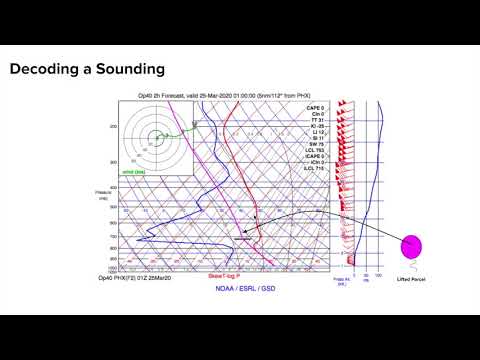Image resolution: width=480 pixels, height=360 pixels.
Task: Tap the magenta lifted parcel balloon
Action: click(x=412, y=246)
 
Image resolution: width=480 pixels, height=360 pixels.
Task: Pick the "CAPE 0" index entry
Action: click(x=316, y=106)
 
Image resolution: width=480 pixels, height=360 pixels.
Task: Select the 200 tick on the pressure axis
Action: click(x=115, y=127)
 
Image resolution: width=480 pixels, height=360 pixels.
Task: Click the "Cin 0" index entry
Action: click(x=316, y=112)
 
